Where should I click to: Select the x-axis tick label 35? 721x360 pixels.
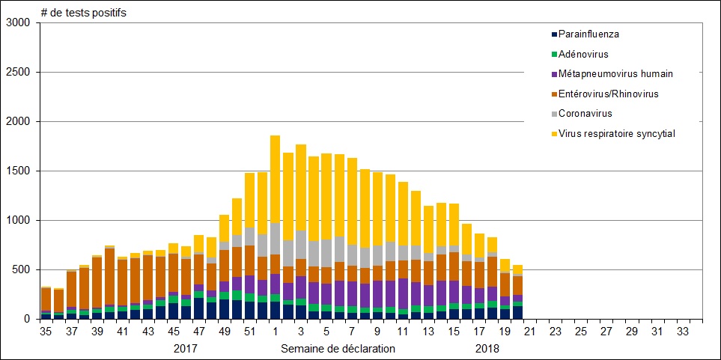pyautogui.click(x=46, y=332)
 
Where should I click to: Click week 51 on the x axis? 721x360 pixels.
pyautogui.click(x=250, y=332)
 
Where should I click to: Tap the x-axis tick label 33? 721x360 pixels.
pyautogui.click(x=683, y=332)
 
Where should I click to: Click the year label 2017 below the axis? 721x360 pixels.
pyautogui.click(x=186, y=348)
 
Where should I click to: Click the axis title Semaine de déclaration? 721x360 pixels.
pyautogui.click(x=338, y=348)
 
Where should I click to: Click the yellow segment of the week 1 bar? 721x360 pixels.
pyautogui.click(x=276, y=180)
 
